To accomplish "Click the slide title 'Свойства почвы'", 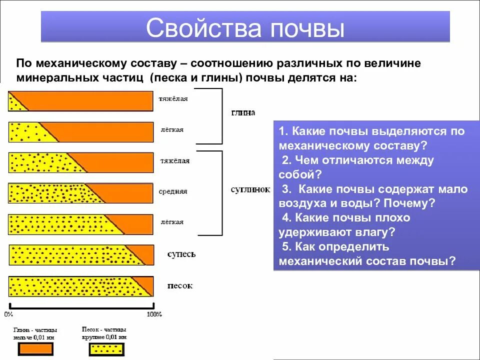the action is [x=245, y=28].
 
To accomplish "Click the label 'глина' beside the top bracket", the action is [x=243, y=113].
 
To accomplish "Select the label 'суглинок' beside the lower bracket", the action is [x=250, y=190].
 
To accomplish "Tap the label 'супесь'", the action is [x=181, y=254].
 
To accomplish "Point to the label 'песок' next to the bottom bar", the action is [x=180, y=286].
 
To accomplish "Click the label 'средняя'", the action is [x=173, y=191].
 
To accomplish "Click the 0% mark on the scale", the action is [x=8, y=314].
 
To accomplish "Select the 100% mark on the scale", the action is [x=154, y=314].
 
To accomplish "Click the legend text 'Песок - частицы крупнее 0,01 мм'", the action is [x=104, y=333].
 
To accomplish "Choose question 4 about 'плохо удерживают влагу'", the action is [x=345, y=225].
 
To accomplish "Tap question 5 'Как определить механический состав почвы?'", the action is [x=367, y=254].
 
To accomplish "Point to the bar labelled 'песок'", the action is [x=81, y=286].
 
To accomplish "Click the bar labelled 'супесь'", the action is [x=81, y=255].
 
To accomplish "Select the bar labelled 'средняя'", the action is [x=81, y=193].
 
